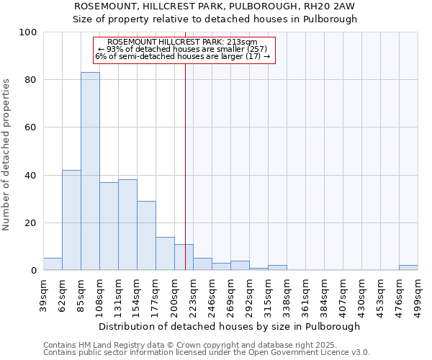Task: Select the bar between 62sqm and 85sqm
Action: [x=71, y=220]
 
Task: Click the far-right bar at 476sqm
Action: [x=408, y=268]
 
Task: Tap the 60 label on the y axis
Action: [x=30, y=127]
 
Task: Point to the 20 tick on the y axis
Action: [x=30, y=223]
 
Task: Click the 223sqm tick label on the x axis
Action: [x=193, y=294]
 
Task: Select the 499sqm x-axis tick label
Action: [x=418, y=294]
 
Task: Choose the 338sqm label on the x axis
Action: [x=287, y=294]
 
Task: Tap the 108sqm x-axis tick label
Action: [x=99, y=294]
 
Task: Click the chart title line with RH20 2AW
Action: [x=215, y=6]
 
